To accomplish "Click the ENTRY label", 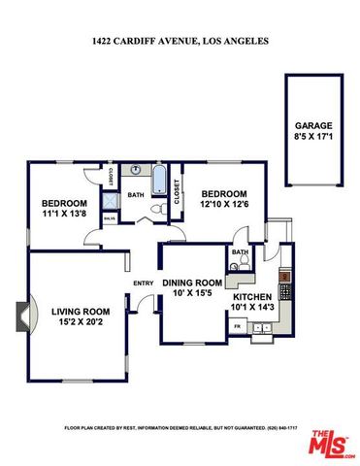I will click(143, 284).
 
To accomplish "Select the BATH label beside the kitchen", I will click(241, 252).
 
